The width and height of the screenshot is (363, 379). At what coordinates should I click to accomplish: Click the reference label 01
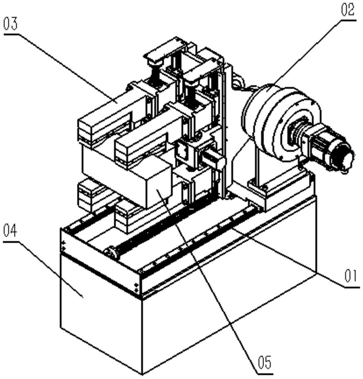click(x=350, y=276)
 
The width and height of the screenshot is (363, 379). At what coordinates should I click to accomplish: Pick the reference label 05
click(x=264, y=362)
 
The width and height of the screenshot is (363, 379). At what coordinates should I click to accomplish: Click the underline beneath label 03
click(x=10, y=34)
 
